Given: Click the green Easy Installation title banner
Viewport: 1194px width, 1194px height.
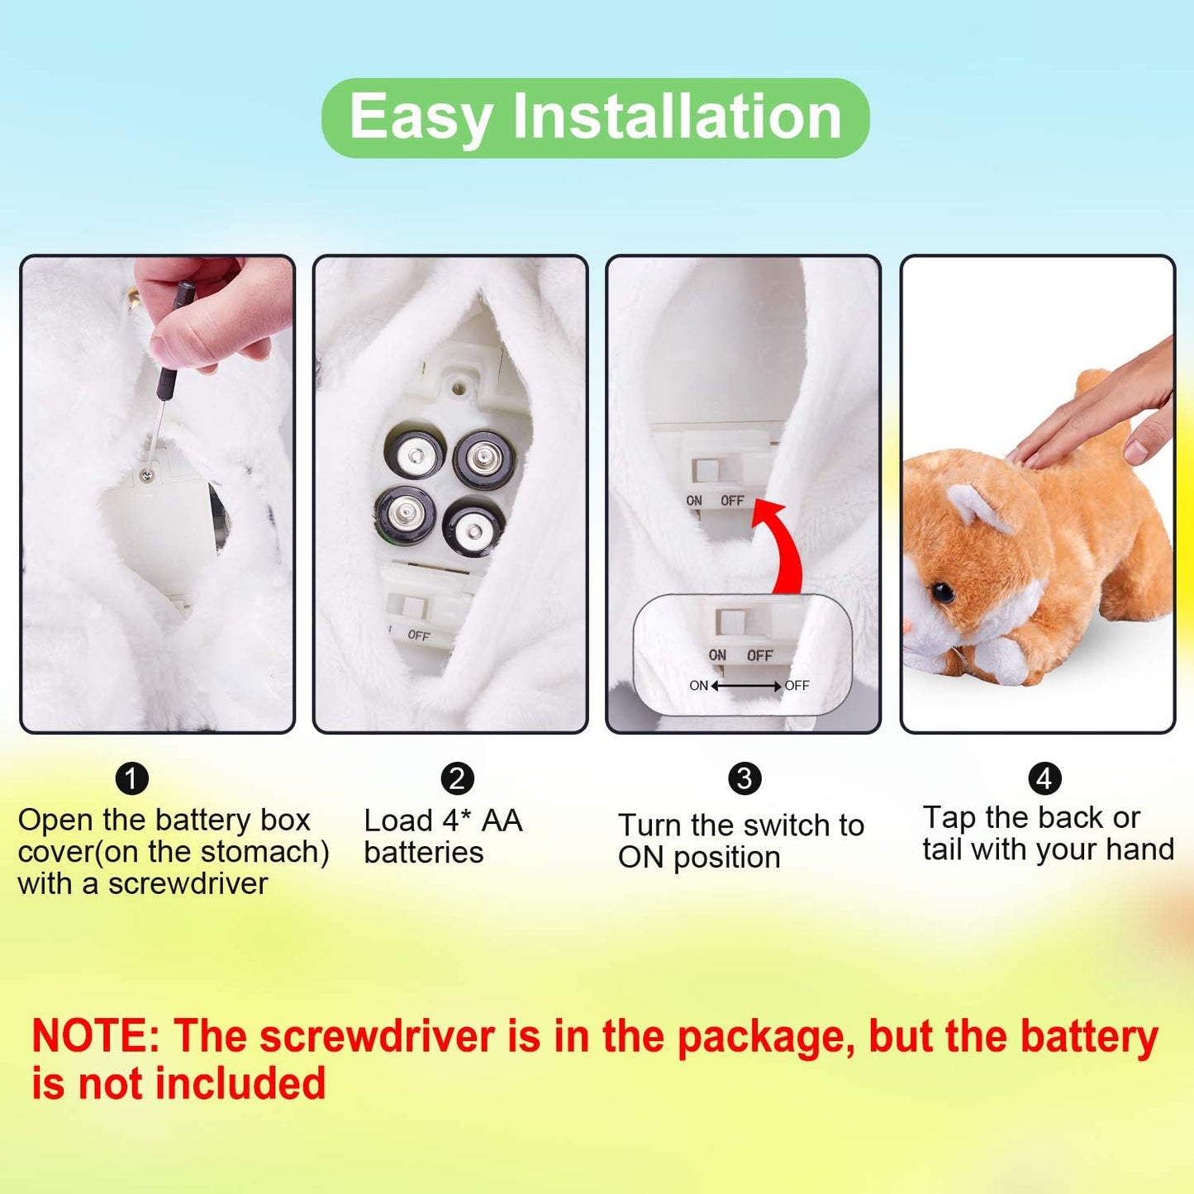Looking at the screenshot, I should pos(595,117).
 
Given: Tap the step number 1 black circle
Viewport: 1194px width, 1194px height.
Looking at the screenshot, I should pos(131,778).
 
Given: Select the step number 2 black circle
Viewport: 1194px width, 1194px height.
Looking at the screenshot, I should pos(457,778).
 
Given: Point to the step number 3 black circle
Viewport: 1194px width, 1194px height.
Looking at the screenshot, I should pos(744,778).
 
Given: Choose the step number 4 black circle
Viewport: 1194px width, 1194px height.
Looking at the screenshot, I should pos(1044,778).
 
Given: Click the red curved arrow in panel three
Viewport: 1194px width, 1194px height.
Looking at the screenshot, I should pos(781,546).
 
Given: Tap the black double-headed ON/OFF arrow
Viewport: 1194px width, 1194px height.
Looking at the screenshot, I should pos(746,686).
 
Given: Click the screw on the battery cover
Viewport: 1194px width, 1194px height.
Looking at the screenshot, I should pos(146,474).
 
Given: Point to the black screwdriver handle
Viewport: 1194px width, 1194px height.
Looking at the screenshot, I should pos(174,331).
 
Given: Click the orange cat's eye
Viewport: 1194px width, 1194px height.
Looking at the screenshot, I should pos(942,592).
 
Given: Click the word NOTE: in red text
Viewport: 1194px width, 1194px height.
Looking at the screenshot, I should pos(95,1036).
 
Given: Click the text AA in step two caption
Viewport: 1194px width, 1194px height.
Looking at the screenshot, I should pos(502,821).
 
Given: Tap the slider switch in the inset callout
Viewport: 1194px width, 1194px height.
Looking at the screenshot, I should pos(730,622).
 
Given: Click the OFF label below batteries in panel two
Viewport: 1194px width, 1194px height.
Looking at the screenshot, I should pos(418,635).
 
